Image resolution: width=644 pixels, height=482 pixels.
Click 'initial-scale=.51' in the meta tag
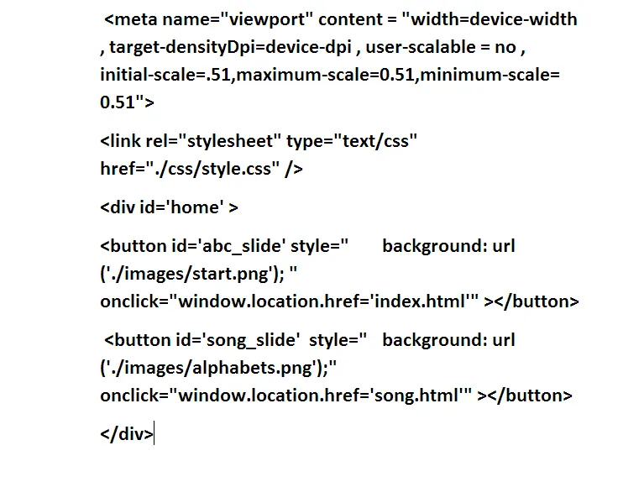165,75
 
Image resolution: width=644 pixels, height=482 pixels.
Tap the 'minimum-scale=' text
490,75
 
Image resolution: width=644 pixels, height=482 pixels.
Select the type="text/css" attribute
353,141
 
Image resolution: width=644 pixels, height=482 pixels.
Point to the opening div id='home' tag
169,207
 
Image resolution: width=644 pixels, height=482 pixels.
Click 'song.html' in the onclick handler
420,396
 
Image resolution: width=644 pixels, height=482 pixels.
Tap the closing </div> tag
127,434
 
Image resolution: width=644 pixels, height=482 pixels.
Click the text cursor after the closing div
155,434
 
